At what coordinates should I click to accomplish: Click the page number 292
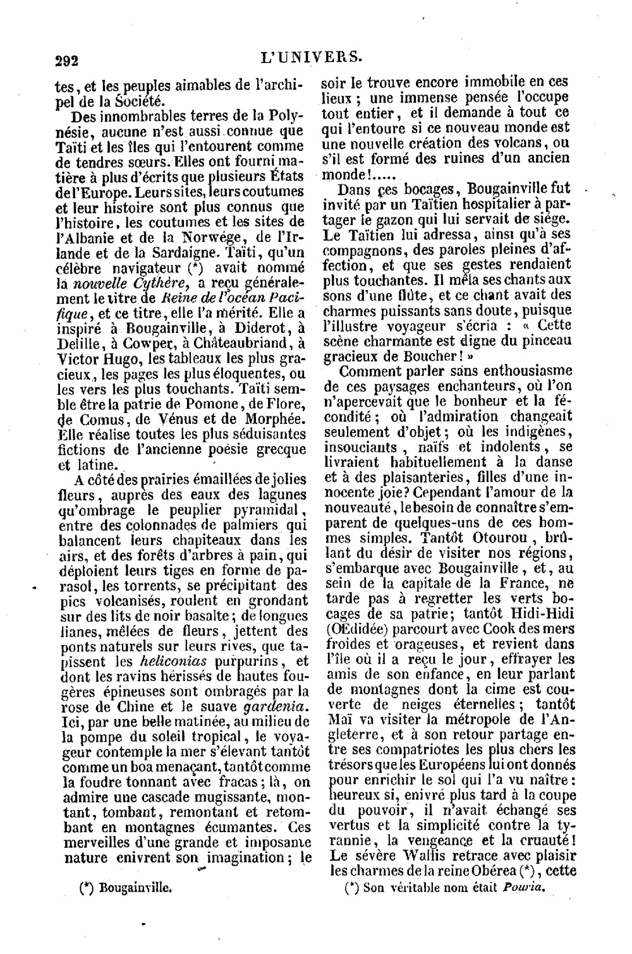tap(66, 61)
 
